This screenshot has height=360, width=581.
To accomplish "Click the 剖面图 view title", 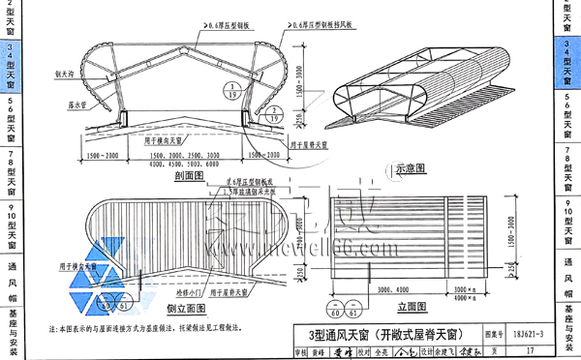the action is coord(181,176).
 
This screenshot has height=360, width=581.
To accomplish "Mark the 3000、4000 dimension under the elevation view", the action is coord(387,288).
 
